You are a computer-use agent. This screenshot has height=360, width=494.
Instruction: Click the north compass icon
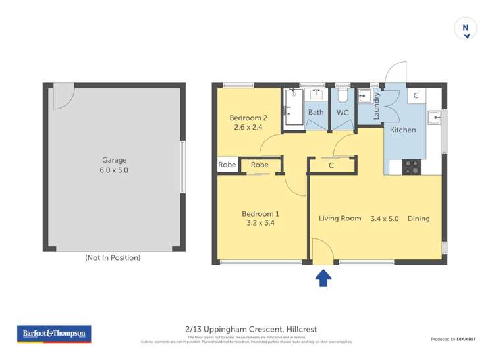pos(466,29)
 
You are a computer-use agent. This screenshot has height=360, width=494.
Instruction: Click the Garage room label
pos(114,160)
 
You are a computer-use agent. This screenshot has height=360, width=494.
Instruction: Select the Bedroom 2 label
pos(248,118)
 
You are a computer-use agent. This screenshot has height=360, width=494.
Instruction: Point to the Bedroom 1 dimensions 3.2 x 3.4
pos(260,224)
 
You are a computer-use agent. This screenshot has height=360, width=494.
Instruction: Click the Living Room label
pos(340,219)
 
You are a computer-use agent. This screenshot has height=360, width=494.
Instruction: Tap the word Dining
pos(418,219)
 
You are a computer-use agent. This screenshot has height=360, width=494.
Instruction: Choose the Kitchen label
pos(402,130)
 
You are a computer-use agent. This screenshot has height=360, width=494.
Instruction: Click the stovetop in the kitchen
pos(412,167)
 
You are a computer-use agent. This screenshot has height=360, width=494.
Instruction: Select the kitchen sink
pos(434,118)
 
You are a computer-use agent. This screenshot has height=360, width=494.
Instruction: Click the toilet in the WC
pos(342,96)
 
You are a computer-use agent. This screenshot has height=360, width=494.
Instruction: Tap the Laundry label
pos(377,106)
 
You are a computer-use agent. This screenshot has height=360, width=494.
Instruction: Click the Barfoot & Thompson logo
pos(55,334)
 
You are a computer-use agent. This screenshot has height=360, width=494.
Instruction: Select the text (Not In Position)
pos(113,258)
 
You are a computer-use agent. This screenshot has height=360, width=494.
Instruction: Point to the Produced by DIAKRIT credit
pos(452,339)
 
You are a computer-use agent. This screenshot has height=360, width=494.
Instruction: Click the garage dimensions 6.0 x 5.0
pos(114,170)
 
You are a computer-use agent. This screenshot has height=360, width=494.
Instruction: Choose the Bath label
pos(316,112)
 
